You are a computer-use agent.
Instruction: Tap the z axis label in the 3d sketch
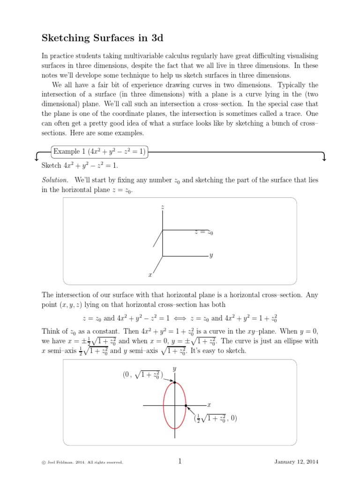[162, 207]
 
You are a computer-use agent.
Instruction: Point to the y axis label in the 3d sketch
[211, 256]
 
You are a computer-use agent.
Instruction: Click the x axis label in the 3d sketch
[150, 275]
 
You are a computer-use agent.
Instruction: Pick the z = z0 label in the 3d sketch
[203, 232]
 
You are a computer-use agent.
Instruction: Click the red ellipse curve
[164, 405]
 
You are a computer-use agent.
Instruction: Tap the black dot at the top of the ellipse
[175, 382]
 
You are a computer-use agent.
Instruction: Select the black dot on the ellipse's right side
[186, 405]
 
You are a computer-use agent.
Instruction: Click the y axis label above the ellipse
[174, 369]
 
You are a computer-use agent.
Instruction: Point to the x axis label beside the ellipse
[209, 405]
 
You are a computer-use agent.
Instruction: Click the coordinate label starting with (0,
[143, 375]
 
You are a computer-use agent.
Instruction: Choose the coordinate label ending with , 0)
[216, 418]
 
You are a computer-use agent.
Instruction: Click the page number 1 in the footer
[180, 462]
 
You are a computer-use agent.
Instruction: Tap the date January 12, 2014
[296, 462]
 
